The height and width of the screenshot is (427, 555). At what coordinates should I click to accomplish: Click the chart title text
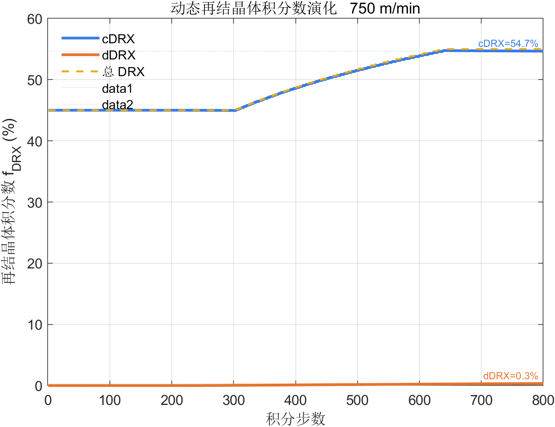[x=296, y=8]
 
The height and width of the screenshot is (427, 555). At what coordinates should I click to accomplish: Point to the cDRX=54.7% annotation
[x=508, y=44]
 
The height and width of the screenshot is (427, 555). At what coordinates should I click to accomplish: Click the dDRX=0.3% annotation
[x=510, y=376]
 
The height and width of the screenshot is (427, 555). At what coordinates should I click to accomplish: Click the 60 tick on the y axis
[x=35, y=19]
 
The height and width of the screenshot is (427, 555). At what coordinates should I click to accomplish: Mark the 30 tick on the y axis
[x=35, y=202]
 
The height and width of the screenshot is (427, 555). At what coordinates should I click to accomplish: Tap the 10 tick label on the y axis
[x=35, y=325]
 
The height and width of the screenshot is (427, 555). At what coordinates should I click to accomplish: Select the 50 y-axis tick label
[x=35, y=80]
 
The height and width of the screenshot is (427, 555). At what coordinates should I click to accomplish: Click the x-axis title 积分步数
[x=296, y=419]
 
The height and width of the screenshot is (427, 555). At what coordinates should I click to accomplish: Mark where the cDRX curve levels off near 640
[x=444, y=50]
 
